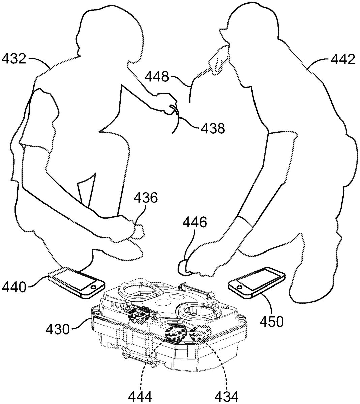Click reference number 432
pos(14,60)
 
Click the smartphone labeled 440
pos(76,282)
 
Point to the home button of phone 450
pos(240,287)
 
